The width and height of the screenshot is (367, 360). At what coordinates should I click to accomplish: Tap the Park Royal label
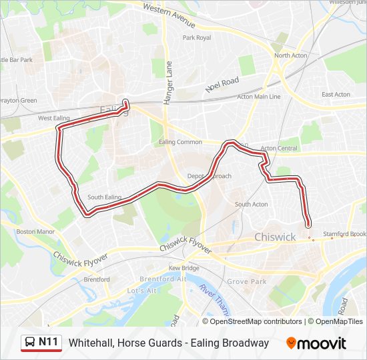[197, 38]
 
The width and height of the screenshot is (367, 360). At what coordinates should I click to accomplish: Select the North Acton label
[291, 55]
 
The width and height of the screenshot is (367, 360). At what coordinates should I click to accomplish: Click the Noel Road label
[222, 83]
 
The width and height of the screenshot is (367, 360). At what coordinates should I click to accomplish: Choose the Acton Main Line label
[259, 97]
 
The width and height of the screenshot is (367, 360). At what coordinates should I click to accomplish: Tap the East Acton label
[336, 95]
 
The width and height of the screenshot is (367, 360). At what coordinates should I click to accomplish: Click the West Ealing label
[54, 118]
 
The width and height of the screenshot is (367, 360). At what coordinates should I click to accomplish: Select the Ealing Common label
[180, 142]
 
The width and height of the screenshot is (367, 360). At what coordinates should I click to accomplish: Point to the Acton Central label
[279, 148]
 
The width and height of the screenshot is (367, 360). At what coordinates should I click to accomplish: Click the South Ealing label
[104, 197]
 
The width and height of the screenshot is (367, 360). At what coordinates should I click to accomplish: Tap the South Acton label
[251, 204]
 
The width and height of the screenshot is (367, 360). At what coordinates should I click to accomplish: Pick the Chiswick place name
[275, 237]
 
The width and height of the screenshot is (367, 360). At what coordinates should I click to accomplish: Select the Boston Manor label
[35, 232]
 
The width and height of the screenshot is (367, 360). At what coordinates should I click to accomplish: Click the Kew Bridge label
[183, 268]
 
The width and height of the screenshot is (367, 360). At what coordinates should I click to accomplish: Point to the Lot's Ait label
[141, 291]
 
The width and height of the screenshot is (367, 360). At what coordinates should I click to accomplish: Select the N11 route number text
[49, 342]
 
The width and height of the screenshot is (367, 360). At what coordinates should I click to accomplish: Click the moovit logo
[316, 343]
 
